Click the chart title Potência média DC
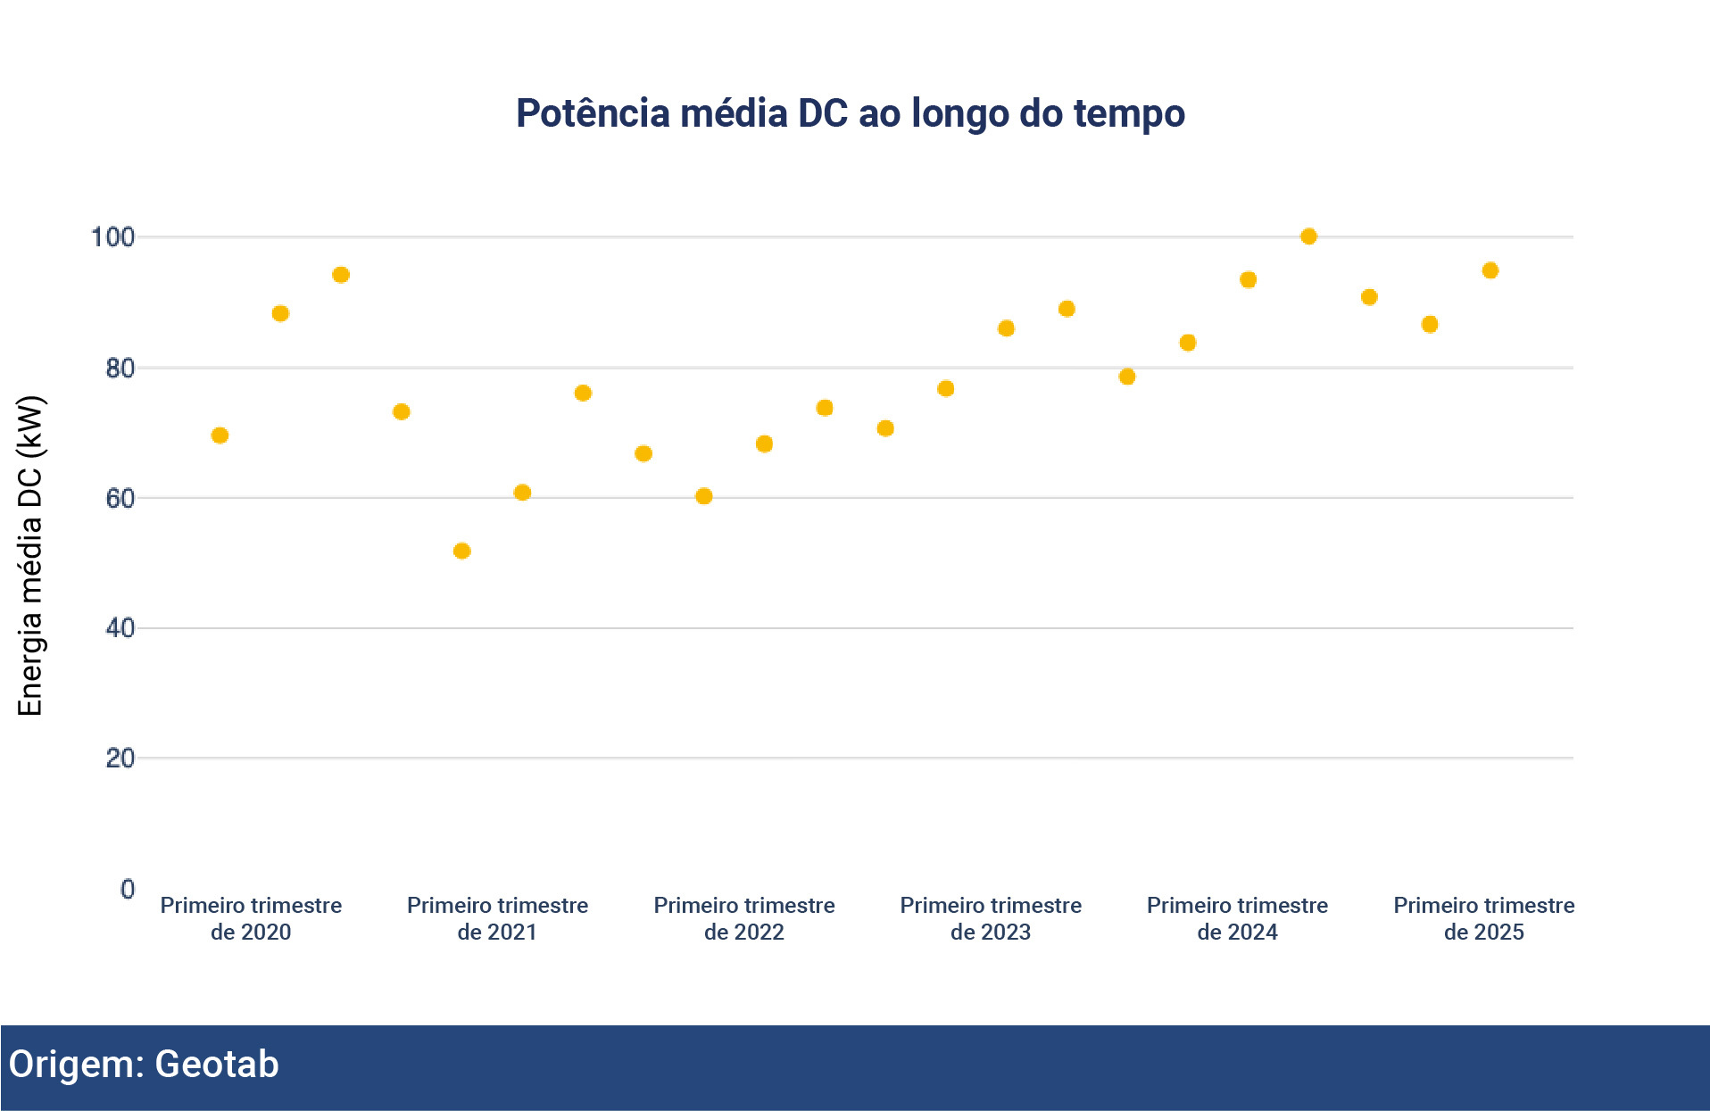tap(850, 114)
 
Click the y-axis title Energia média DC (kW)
tap(30, 555)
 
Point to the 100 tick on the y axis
tap(112, 237)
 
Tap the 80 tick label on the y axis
tap(120, 369)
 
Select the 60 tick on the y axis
tap(120, 499)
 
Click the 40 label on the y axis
tap(120, 628)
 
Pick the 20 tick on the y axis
tap(120, 759)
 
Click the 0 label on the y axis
tap(128, 889)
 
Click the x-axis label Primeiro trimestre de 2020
tap(251, 918)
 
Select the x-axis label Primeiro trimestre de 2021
tap(497, 918)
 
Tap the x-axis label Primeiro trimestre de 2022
tap(744, 918)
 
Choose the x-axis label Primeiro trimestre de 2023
tap(991, 918)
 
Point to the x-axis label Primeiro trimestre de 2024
tap(1237, 918)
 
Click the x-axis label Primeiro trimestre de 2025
tap(1483, 918)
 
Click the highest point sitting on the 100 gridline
tap(1308, 236)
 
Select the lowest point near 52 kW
tap(461, 551)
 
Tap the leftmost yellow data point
tap(220, 435)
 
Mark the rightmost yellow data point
tap(1490, 270)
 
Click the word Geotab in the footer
tap(217, 1065)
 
